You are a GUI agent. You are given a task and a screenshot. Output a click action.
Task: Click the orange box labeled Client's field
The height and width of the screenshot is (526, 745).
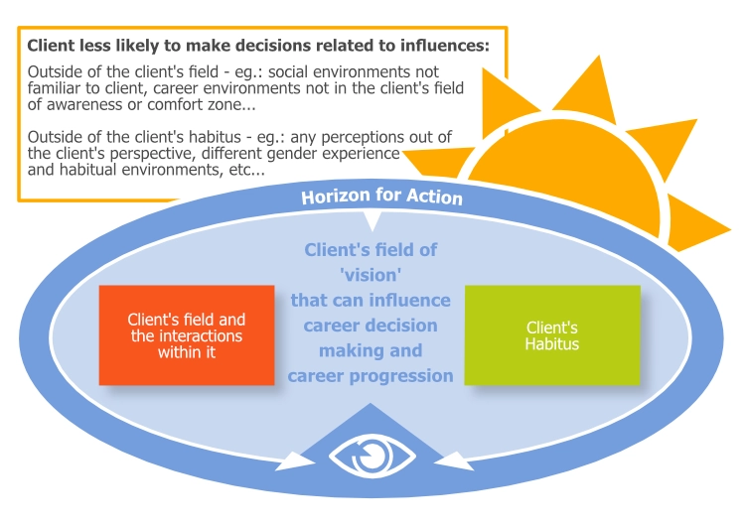click(x=187, y=335)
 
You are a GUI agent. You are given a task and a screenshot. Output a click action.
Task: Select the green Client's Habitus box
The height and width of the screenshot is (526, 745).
click(x=552, y=335)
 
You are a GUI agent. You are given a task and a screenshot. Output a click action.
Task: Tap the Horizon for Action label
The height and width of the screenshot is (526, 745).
click(x=381, y=197)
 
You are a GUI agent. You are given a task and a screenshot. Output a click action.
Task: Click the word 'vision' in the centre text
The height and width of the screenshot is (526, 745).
click(x=370, y=275)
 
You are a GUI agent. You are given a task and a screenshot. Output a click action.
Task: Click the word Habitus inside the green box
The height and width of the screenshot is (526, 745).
click(x=552, y=343)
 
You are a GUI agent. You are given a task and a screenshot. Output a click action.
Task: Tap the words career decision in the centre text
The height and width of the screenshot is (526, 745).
click(x=370, y=326)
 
